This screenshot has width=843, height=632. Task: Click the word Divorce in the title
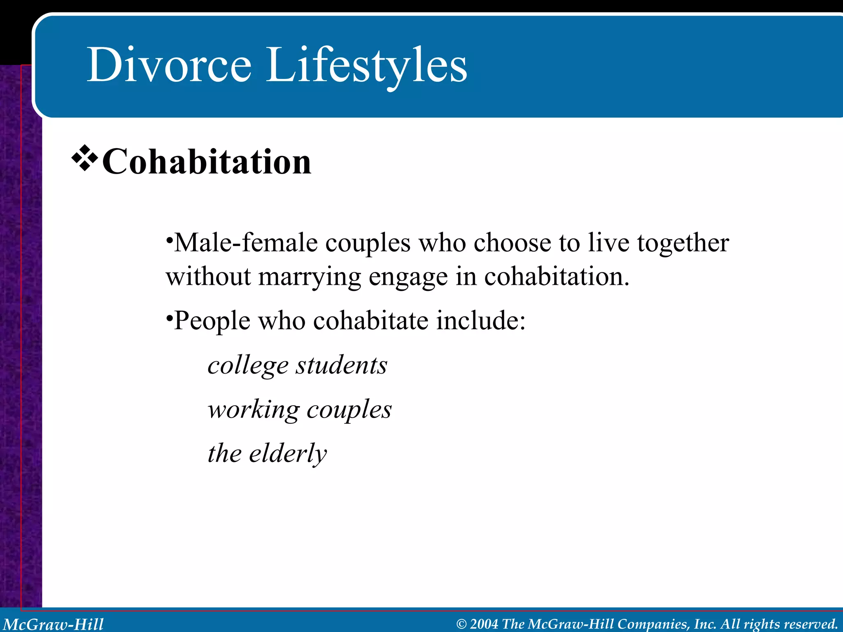coord(169,65)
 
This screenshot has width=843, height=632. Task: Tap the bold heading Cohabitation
coord(206,162)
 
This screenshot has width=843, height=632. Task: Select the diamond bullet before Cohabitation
coord(84,158)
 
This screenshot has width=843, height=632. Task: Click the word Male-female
coord(246,243)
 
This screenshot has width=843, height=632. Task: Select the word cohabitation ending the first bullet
coord(557,276)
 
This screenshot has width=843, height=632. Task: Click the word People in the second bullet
coord(212,321)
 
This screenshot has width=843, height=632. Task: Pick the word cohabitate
coord(370,320)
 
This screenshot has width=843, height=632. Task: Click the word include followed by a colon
coord(480,320)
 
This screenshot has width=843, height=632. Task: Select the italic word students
coord(342,365)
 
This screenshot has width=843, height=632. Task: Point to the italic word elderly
coord(288,453)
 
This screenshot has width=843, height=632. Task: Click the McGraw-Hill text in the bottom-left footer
coord(54,624)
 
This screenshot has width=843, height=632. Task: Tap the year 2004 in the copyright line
coord(484,624)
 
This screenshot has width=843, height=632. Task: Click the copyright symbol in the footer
coord(461,624)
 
